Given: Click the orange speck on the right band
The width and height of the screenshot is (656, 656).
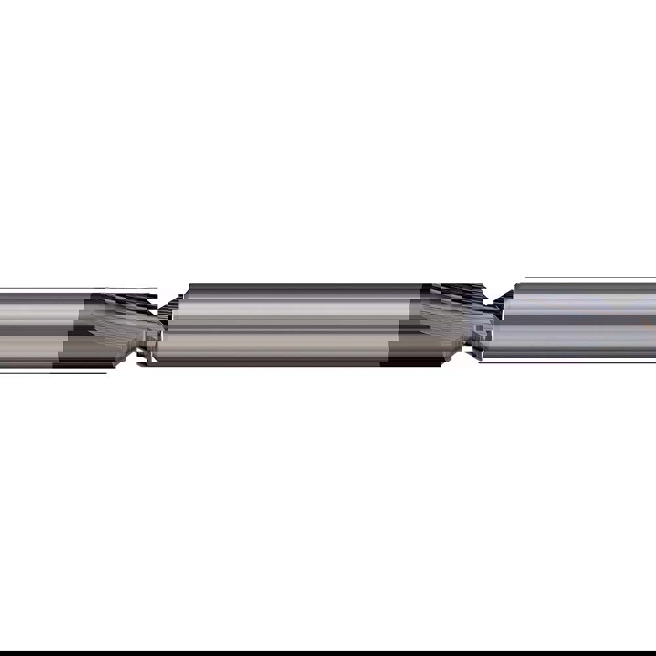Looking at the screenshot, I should point(646,322).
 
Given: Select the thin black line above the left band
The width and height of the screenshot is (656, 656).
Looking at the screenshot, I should point(66,288).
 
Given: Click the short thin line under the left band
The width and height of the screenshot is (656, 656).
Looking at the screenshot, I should point(79,373).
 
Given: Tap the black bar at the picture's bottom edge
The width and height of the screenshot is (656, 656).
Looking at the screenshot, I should point(328,653).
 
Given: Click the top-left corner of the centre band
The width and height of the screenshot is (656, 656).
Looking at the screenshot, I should point(190,285).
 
